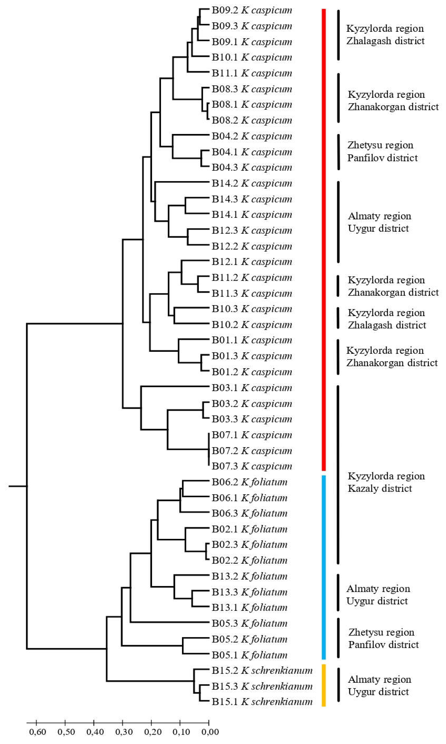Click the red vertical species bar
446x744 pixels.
[x=324, y=240]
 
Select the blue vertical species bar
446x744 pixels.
[x=324, y=568]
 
